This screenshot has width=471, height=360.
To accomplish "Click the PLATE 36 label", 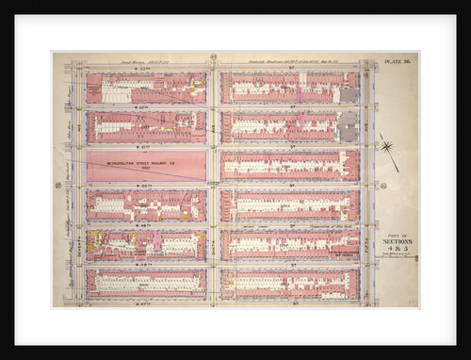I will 397,61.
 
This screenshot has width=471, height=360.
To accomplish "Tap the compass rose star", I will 386,146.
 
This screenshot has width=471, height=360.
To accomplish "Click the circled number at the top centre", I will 214,57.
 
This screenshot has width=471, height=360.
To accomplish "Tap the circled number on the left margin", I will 57,185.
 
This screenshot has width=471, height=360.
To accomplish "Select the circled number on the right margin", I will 383,185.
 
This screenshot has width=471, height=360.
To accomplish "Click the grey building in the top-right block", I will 349,94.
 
